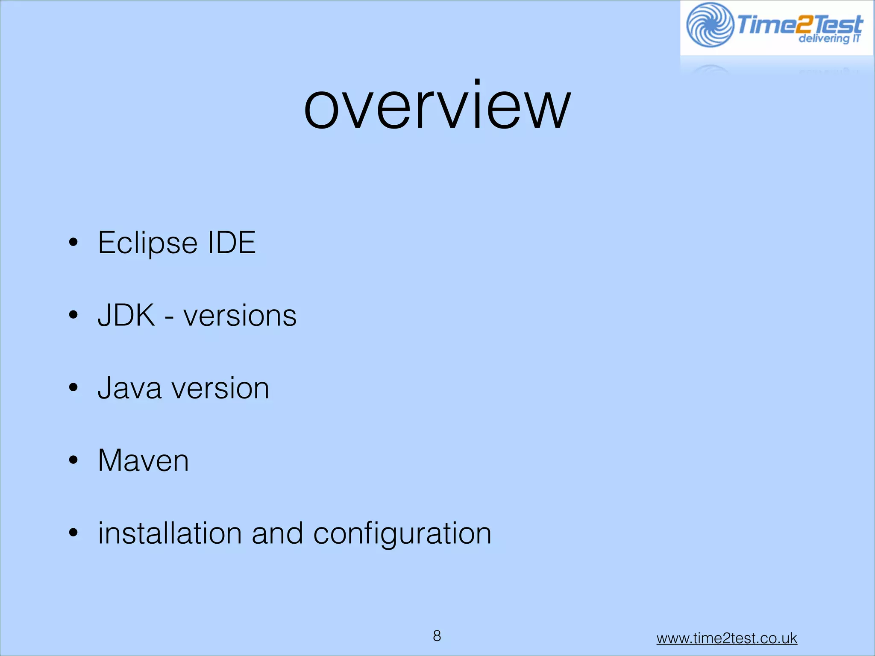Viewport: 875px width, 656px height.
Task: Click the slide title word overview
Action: [437, 107]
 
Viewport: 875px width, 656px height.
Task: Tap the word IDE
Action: [231, 243]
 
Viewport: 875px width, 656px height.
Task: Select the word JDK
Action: [126, 316]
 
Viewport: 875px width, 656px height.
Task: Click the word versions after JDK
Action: [240, 316]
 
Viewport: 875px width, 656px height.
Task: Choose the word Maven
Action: [143, 461]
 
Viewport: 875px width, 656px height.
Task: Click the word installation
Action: [170, 533]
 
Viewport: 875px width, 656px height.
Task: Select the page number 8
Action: [437, 636]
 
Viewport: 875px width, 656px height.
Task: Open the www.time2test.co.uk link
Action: [726, 638]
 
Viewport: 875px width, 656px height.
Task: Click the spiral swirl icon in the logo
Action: [710, 25]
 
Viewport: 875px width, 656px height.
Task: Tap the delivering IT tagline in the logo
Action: [828, 39]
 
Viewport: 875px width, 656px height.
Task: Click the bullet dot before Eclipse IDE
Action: [73, 243]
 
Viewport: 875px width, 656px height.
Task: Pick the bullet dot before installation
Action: [73, 533]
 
